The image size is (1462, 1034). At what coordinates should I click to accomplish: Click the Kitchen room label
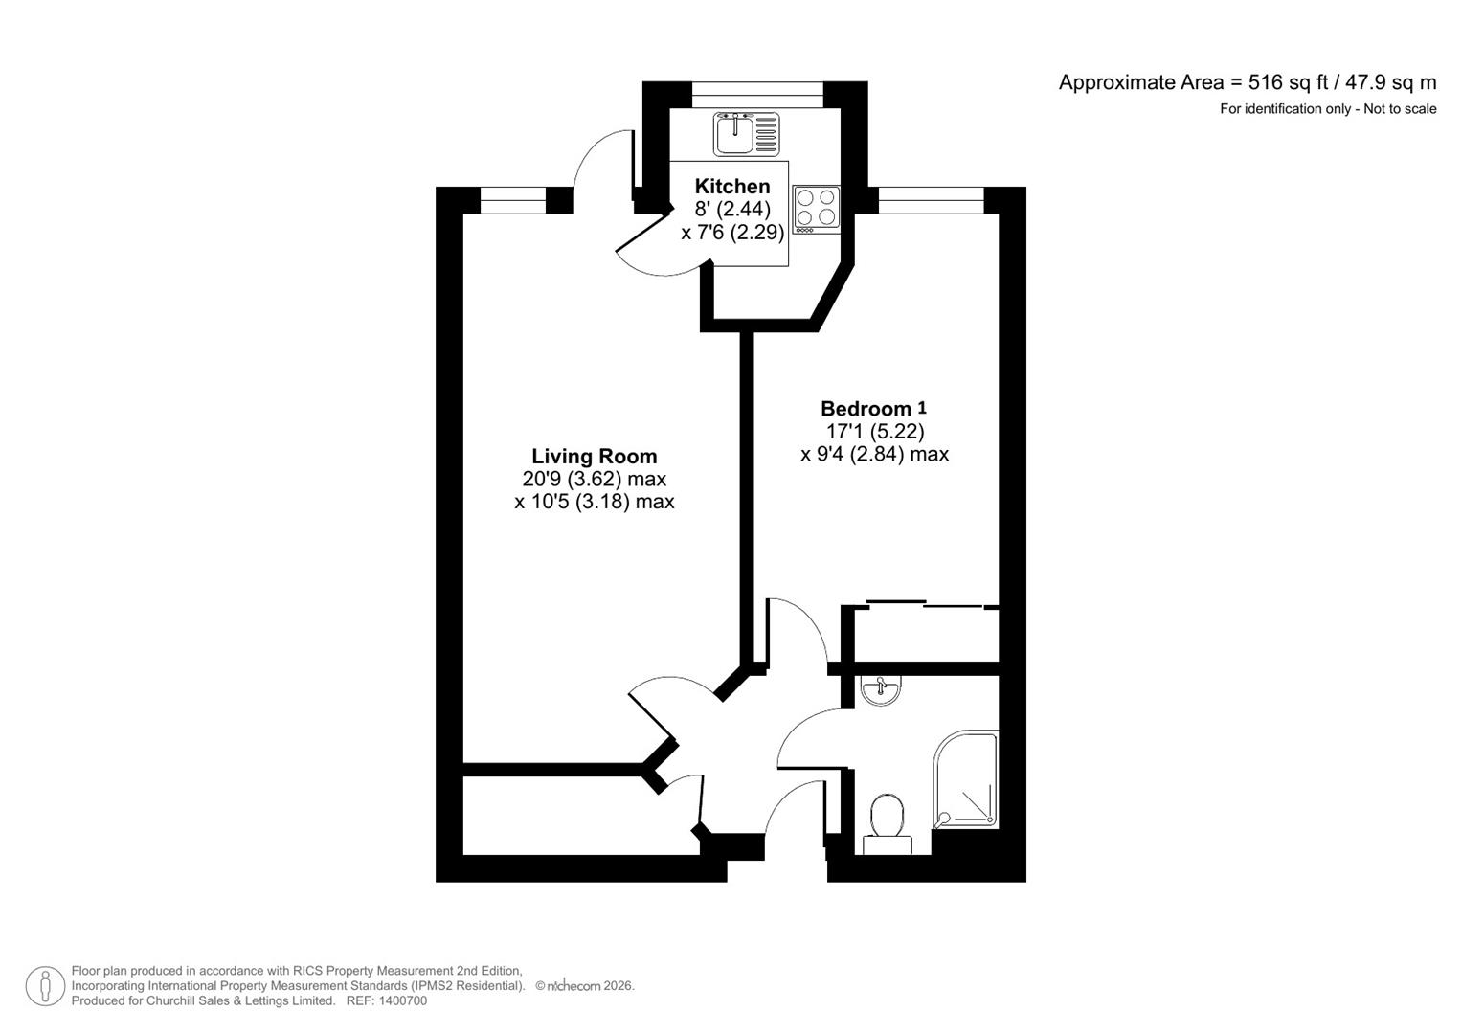pos(731,186)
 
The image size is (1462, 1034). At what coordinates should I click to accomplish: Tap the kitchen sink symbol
pos(747,134)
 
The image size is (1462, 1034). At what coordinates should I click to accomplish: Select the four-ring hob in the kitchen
pos(817,208)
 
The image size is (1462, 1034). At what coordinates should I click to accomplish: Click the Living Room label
pos(594,456)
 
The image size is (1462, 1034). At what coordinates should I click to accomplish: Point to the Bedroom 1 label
pos(872,409)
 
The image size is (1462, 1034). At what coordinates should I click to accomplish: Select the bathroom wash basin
pos(880,690)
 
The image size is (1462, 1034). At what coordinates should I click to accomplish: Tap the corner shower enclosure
pos(967,780)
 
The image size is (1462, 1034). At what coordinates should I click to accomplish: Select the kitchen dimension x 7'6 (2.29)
pos(732,232)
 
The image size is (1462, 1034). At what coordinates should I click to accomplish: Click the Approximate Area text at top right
pos(1247,82)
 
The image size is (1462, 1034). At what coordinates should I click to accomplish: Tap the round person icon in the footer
pos(45,986)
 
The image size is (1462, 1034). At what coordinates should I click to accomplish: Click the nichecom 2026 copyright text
pos(584,985)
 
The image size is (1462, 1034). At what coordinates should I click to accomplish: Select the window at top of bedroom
pos(931,200)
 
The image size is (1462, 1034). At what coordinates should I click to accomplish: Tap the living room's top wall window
pos(512,200)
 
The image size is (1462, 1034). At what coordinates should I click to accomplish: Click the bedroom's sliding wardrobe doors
pos(925,605)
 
